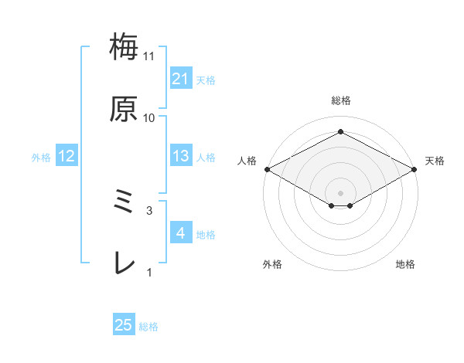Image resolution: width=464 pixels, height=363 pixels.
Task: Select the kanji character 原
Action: tap(125, 110)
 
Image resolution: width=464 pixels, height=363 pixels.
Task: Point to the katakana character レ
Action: tap(125, 264)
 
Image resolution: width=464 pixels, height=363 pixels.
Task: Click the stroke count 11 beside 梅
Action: tap(149, 56)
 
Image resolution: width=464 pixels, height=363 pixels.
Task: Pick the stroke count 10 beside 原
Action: tap(149, 117)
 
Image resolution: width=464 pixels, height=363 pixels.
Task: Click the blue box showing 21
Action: tap(180, 79)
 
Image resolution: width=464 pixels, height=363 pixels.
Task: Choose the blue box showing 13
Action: tap(180, 157)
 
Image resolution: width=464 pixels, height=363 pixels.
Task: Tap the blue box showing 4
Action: tap(180, 233)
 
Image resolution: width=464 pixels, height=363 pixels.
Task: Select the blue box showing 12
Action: tap(66, 157)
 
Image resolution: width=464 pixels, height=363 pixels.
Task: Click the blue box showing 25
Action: tap(124, 326)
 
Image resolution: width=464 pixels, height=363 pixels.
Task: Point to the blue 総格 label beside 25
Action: tap(148, 327)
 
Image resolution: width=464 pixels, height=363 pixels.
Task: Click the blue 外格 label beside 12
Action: tap(41, 158)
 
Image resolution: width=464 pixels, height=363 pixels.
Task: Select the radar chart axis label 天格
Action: tap(435, 161)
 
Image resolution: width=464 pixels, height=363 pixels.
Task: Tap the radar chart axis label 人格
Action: tap(247, 161)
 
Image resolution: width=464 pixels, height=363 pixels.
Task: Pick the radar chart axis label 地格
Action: tap(405, 265)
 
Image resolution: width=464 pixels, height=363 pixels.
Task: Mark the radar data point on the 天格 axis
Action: tap(415, 169)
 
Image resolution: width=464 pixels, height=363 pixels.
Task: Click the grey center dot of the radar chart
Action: tap(341, 192)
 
